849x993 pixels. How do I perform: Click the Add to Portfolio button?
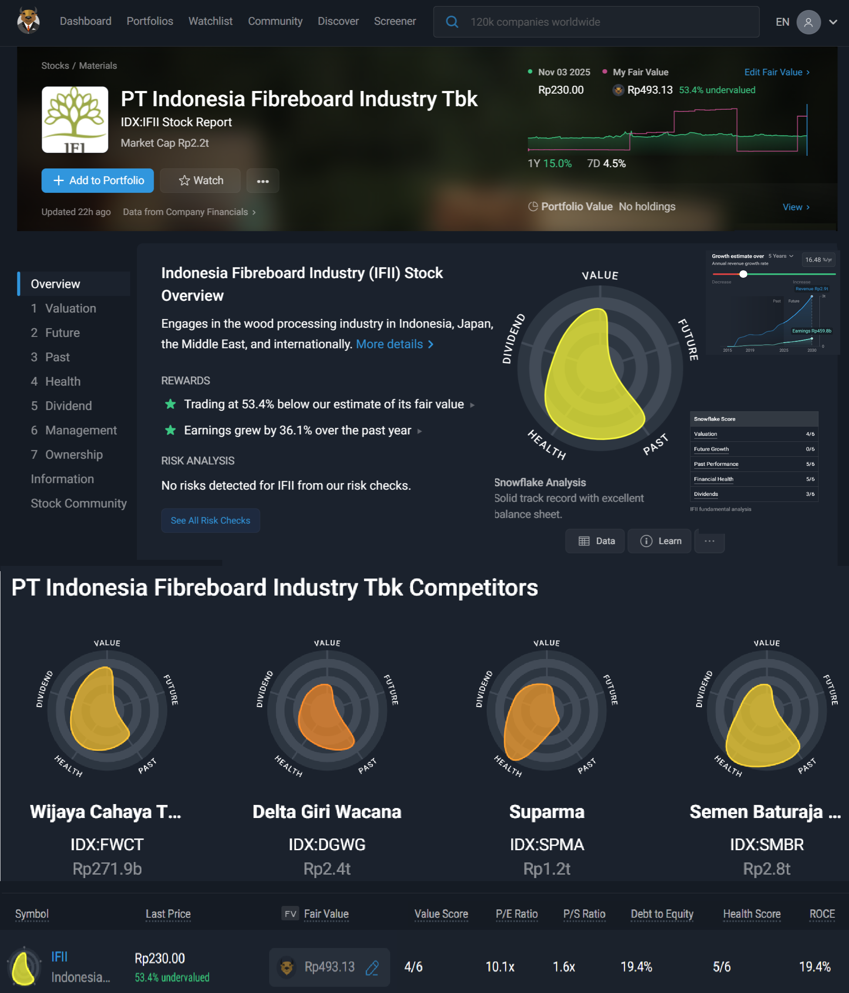[x=98, y=181]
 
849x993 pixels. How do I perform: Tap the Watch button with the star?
[x=200, y=181]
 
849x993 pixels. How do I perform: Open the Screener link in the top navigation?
[x=394, y=22]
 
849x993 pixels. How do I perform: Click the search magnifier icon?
[x=451, y=22]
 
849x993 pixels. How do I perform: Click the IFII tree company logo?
[x=75, y=120]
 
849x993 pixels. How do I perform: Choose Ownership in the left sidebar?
[x=74, y=455]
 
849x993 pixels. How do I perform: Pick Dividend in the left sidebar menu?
[x=68, y=406]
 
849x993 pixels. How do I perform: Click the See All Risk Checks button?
[x=210, y=521]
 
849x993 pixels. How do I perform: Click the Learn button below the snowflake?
[x=660, y=541]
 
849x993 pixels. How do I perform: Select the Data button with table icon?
[x=596, y=541]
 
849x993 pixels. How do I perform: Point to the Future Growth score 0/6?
[x=810, y=449]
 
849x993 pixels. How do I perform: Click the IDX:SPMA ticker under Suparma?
[x=546, y=845]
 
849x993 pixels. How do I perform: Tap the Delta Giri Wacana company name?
[x=327, y=812]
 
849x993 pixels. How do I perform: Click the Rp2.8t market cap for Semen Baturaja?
[x=766, y=869]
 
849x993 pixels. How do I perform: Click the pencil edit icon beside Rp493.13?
[x=372, y=968]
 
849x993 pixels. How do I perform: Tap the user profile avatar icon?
[x=808, y=22]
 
